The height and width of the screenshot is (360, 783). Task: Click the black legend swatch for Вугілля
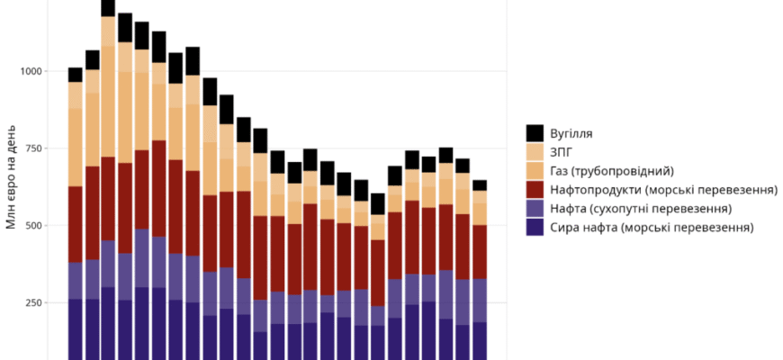(x=535, y=133)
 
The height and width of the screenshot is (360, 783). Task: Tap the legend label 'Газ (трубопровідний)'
(x=612, y=171)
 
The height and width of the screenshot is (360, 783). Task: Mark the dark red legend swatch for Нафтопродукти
(x=535, y=190)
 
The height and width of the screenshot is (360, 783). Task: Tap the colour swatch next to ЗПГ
(x=535, y=152)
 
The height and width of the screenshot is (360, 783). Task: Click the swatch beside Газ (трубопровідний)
(x=535, y=171)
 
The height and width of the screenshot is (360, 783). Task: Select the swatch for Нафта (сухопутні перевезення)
(x=535, y=209)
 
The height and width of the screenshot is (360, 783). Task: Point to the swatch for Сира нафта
(x=535, y=228)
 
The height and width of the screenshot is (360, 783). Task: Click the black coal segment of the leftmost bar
(x=76, y=75)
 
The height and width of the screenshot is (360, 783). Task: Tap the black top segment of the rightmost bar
(x=480, y=184)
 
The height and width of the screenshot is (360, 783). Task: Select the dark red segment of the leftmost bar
(x=76, y=224)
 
